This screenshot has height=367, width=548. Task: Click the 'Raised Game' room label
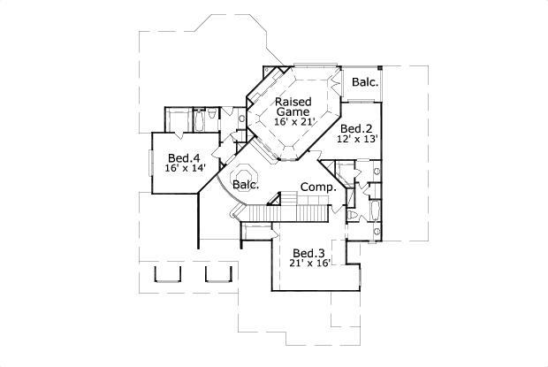pyautogui.click(x=292, y=106)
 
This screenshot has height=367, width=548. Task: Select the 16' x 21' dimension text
pyautogui.click(x=292, y=121)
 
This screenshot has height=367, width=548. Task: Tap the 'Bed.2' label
pyautogui.click(x=355, y=127)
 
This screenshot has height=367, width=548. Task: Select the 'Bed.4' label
pyautogui.click(x=183, y=157)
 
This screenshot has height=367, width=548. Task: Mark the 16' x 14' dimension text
pyautogui.click(x=183, y=169)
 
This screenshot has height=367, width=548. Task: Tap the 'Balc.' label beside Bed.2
pyautogui.click(x=364, y=82)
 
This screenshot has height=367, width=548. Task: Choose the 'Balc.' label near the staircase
pyautogui.click(x=246, y=185)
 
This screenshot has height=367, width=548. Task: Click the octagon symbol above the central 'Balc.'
pyautogui.click(x=245, y=168)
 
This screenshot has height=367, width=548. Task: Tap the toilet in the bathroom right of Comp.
pyautogui.click(x=354, y=215)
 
